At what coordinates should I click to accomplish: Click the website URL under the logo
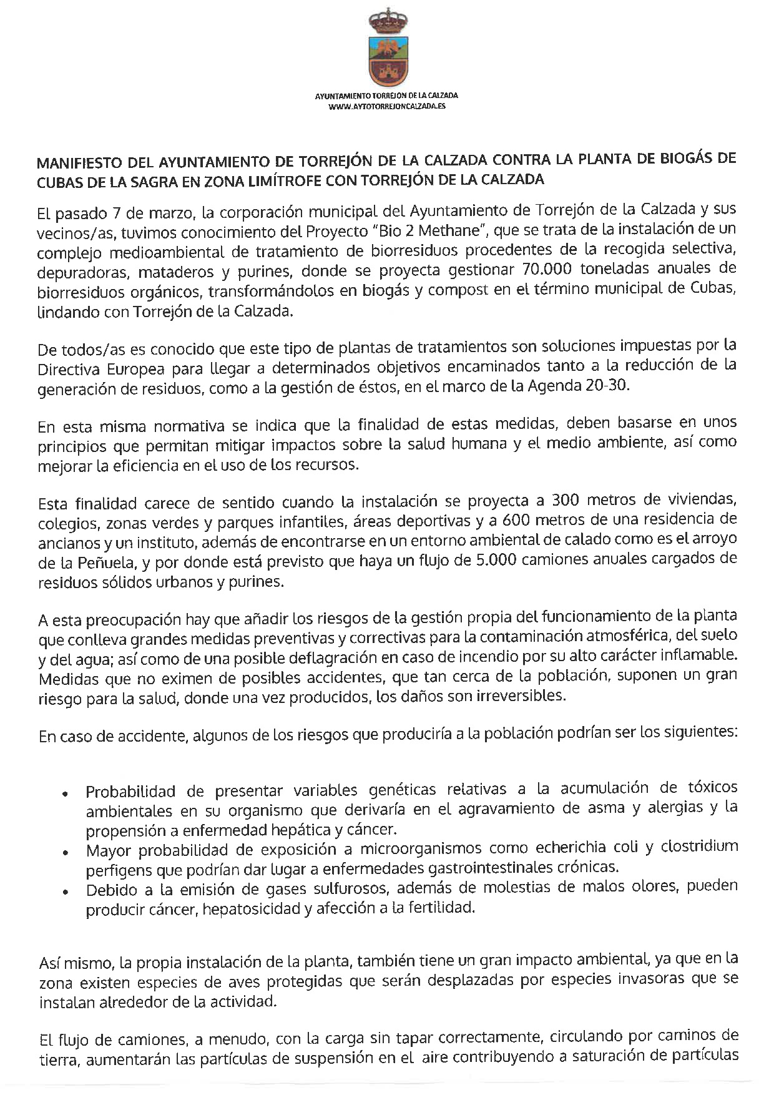386,107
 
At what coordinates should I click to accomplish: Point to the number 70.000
546,270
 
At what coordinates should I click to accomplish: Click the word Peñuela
107,562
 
